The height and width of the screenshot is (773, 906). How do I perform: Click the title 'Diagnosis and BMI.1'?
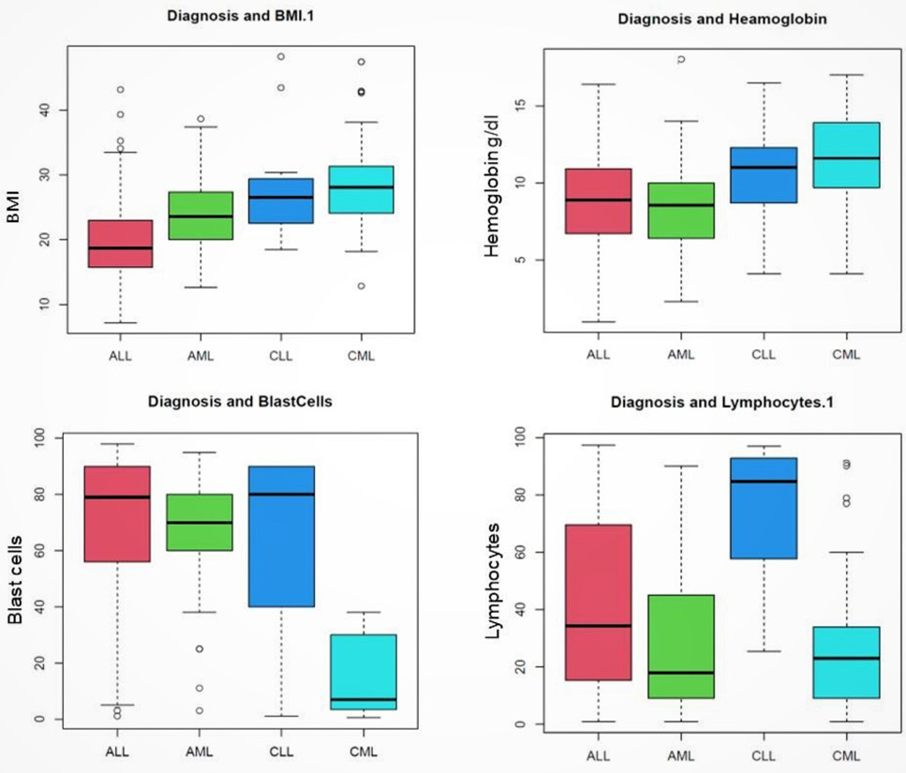(241, 16)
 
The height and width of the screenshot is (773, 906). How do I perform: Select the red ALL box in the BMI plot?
(120, 244)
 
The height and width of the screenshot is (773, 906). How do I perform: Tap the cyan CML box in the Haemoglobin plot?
(846, 155)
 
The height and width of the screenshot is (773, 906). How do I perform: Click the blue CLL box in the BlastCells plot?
(281, 536)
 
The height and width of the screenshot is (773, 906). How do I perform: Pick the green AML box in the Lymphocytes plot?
(681, 647)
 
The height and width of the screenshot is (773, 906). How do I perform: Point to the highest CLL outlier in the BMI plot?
(281, 56)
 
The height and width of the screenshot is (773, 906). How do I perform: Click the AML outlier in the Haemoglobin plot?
(681, 59)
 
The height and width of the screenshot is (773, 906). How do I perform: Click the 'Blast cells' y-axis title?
(15, 580)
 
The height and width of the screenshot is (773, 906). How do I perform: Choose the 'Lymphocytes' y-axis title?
(492, 581)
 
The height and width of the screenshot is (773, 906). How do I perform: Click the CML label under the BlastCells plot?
(364, 751)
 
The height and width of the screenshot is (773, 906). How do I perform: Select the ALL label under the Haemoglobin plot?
(598, 354)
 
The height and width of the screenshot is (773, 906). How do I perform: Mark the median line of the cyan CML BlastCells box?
(364, 699)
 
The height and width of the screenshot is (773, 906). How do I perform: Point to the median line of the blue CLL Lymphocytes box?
(764, 482)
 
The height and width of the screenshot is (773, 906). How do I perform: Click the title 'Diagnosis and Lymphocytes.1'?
(722, 402)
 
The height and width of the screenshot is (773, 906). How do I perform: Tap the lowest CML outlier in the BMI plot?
(361, 286)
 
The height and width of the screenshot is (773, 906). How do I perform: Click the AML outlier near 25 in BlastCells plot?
(200, 648)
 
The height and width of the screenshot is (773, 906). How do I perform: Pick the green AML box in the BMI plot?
(201, 216)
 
